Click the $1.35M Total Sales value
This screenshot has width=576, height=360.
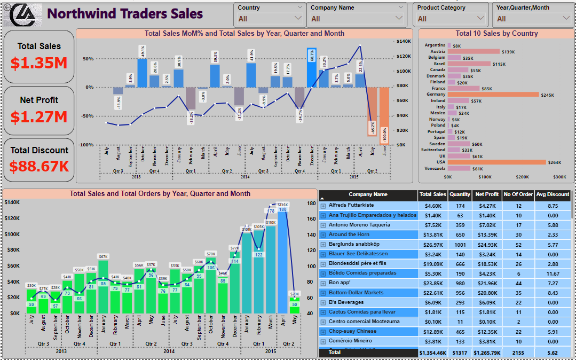[x=39, y=62]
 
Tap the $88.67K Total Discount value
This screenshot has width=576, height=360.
[x=39, y=166]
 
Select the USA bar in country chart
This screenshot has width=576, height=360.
[x=497, y=162]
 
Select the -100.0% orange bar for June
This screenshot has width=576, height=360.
[x=384, y=115]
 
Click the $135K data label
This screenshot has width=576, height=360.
[x=282, y=205]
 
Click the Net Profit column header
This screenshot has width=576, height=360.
[x=487, y=194]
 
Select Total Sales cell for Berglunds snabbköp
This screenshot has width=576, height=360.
[x=431, y=244]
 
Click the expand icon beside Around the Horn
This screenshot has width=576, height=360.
[x=322, y=234]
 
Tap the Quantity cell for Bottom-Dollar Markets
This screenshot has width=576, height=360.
[x=459, y=293]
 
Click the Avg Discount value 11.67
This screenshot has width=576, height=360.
[x=553, y=273]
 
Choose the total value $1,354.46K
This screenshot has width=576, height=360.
[x=431, y=353]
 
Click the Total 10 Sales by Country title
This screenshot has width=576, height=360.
[x=496, y=33]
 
